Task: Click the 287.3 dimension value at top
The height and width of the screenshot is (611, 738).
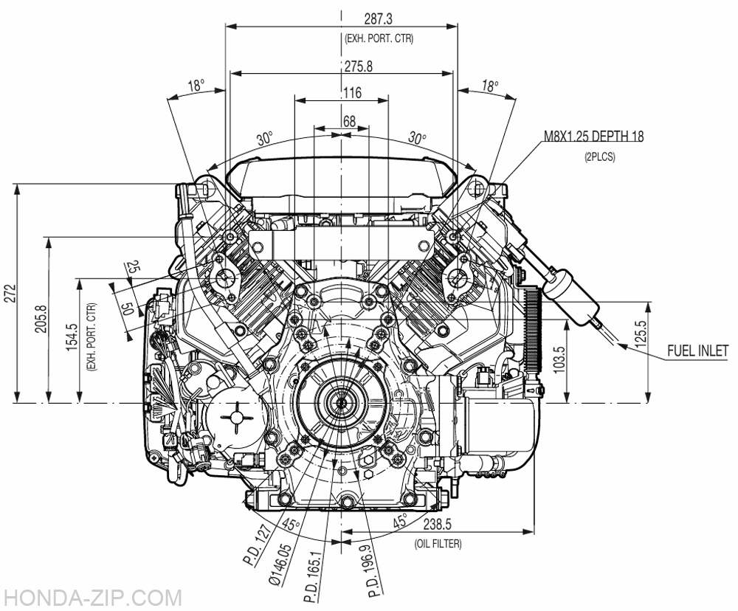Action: point(378,19)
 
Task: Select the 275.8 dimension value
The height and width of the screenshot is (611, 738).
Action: point(358,66)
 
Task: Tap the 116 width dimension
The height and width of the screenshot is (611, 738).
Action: point(353,92)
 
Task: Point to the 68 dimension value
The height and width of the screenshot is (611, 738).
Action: point(349,121)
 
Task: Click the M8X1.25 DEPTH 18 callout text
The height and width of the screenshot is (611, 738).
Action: point(594,137)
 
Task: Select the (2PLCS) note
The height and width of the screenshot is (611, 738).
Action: point(599,156)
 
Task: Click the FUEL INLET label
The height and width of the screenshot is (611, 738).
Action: point(698,351)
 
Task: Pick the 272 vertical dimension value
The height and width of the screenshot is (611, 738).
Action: point(11,293)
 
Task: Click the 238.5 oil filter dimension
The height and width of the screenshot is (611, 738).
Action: point(438,525)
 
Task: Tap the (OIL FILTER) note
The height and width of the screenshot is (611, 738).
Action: point(438,544)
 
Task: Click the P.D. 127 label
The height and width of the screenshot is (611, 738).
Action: point(257,546)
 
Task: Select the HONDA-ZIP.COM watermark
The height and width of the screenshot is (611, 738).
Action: point(92,598)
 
